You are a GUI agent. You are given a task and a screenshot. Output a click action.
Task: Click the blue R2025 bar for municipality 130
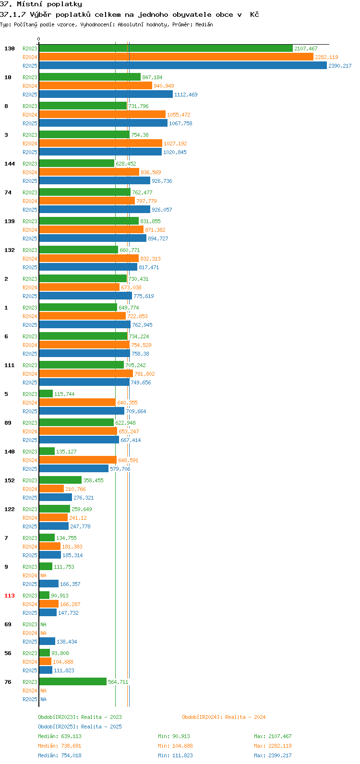[183, 65]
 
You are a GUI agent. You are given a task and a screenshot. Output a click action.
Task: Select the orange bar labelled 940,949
[96, 85]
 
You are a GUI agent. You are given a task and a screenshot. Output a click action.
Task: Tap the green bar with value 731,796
[83, 106]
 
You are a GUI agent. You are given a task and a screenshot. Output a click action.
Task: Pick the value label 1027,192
[175, 143]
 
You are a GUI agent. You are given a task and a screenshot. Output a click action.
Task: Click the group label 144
[10, 164]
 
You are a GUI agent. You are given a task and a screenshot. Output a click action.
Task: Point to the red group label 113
[10, 596]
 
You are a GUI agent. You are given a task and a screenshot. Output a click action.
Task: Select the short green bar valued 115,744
[46, 394]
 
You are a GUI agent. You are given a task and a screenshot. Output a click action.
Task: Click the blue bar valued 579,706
[74, 469]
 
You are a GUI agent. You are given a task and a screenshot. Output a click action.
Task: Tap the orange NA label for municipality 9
[43, 575]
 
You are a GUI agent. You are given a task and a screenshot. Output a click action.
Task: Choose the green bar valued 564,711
[73, 681]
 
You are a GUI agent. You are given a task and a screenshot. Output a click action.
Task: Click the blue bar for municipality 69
[47, 641]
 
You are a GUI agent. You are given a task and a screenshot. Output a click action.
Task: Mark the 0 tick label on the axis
[38, 39]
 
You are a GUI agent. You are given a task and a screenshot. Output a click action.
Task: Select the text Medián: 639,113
[60, 736]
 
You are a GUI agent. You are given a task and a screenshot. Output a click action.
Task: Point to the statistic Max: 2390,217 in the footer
[273, 755]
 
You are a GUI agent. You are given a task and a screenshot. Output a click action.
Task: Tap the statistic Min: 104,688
[175, 746]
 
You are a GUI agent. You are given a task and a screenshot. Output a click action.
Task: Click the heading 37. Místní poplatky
[41, 4]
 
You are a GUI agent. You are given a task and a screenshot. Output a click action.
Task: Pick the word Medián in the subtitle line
[204, 24]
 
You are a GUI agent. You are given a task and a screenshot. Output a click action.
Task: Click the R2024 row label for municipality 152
[30, 489]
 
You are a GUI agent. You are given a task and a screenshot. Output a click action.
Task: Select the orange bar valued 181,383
[50, 547]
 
